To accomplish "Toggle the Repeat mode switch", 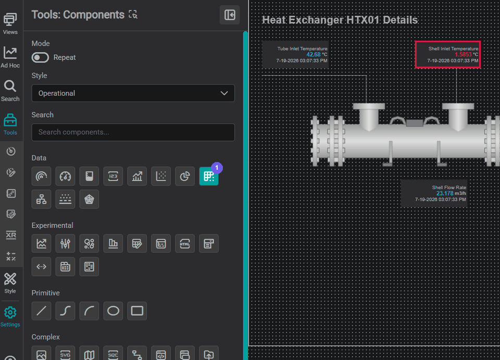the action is [x=40, y=57].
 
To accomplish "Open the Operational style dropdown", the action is [x=133, y=93].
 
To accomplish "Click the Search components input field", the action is [x=133, y=132].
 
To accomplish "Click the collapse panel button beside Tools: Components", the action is [x=230, y=15].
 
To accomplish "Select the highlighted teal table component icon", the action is [x=208, y=176].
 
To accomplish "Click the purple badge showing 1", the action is [x=217, y=168].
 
